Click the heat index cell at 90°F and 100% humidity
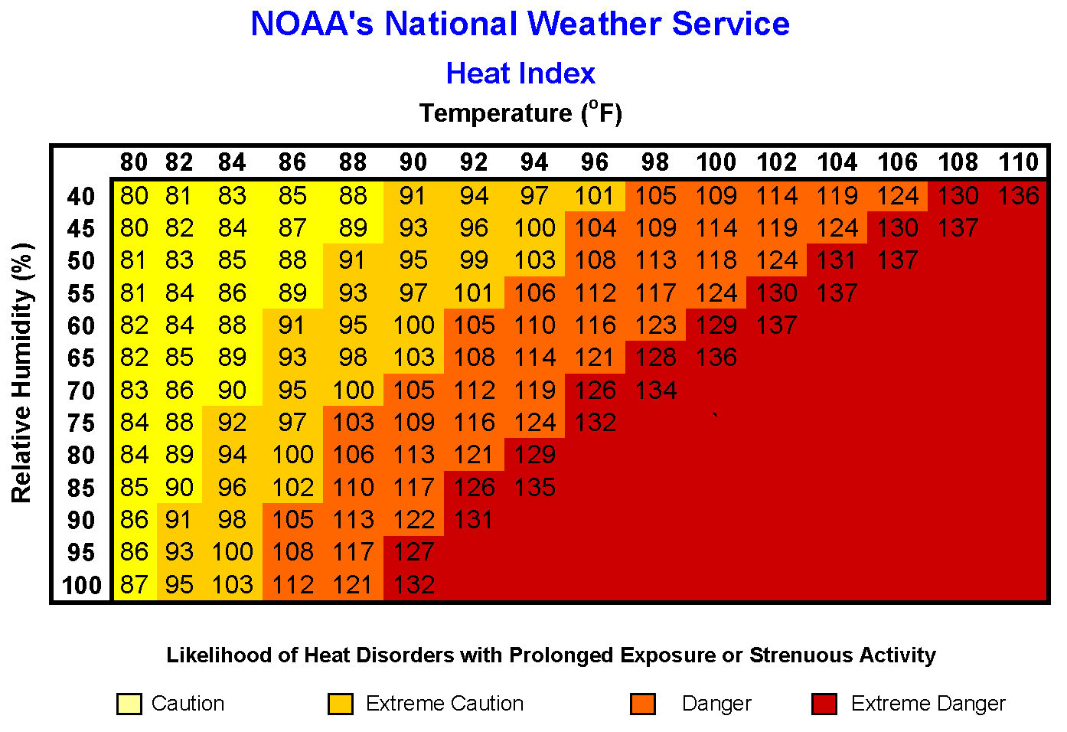click(413, 585)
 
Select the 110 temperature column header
click(1018, 162)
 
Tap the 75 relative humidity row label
click(81, 423)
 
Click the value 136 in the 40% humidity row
click(1018, 196)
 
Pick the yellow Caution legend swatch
click(129, 704)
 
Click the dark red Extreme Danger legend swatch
click(824, 704)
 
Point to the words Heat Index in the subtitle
click(520, 74)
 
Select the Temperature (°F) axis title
click(520, 113)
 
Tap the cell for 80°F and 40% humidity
click(134, 196)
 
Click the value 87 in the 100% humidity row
click(134, 585)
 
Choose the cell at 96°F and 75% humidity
click(595, 423)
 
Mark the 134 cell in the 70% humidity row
click(656, 391)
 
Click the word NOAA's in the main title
click(312, 25)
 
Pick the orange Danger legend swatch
click(643, 704)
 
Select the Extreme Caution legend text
click(445, 704)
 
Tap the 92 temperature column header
click(474, 162)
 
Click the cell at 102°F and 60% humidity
click(777, 325)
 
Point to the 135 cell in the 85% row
click(534, 488)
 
